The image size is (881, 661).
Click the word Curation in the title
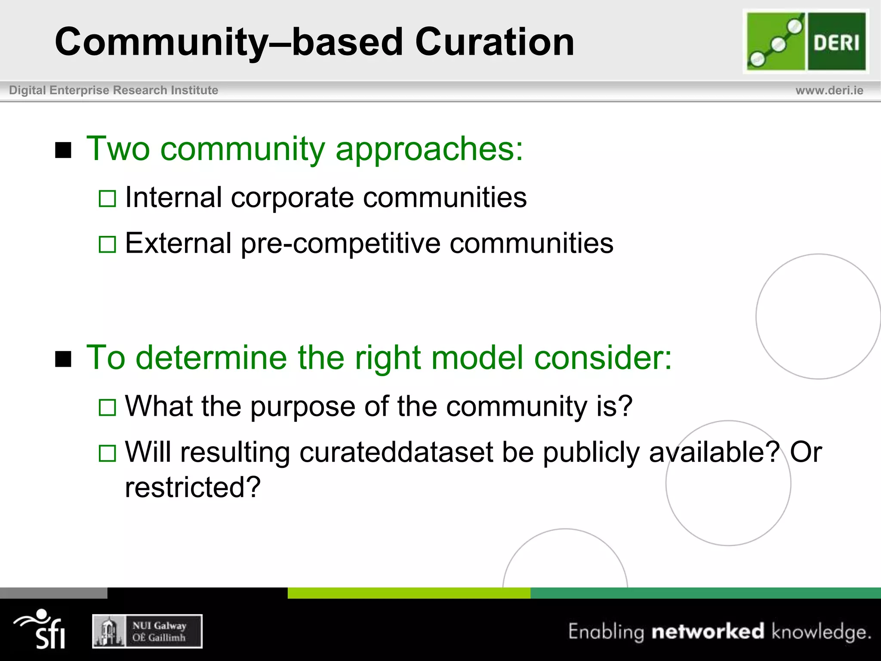click(494, 42)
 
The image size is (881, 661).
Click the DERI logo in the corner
click(805, 41)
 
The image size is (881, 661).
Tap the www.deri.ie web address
click(829, 90)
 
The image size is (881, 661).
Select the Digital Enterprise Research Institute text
click(114, 90)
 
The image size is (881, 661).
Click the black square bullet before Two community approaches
click(63, 150)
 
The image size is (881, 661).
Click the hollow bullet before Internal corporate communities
click(107, 199)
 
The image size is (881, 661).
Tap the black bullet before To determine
click(63, 359)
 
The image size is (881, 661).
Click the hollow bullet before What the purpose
click(107, 407)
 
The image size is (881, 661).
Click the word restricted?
click(193, 487)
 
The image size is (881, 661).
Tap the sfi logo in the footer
click(42, 629)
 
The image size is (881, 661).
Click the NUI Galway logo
click(147, 631)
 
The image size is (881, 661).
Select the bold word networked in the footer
click(708, 631)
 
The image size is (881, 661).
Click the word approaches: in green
click(429, 150)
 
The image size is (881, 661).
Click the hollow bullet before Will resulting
click(107, 453)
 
